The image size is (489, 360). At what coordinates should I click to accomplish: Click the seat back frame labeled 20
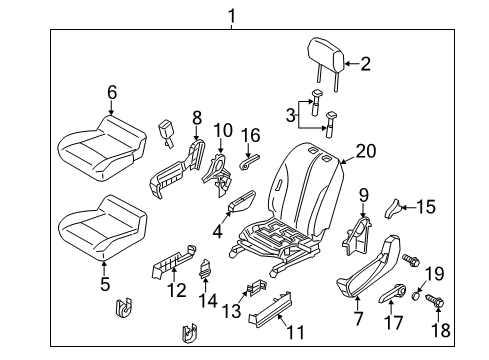click(x=300, y=200)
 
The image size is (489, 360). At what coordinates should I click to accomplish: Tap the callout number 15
click(x=427, y=207)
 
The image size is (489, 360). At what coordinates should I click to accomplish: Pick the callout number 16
click(x=253, y=133)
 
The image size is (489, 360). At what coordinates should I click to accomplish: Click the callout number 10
click(x=222, y=129)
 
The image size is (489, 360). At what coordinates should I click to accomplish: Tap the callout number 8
click(x=197, y=118)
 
